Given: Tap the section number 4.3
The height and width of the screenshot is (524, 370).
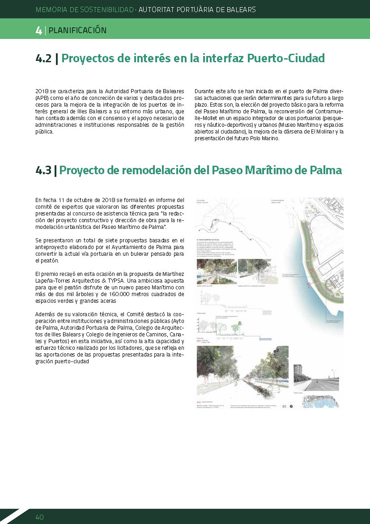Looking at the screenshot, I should click(x=43, y=171).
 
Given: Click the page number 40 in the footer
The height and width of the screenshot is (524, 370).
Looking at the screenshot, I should click(x=39, y=517).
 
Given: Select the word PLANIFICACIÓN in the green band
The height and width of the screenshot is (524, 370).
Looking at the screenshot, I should click(x=77, y=30).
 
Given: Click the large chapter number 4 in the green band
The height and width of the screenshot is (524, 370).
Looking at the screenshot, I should click(x=38, y=30).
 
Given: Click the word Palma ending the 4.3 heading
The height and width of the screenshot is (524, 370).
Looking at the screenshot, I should click(x=325, y=171).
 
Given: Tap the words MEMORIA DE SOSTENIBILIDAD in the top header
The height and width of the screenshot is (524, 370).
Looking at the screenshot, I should click(x=85, y=9).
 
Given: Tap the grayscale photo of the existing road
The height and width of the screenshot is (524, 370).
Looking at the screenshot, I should click(x=315, y=377).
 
